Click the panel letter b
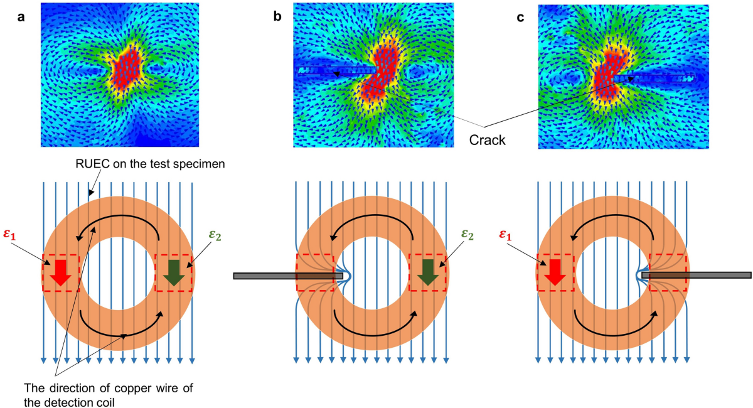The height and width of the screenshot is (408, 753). [x=277, y=18]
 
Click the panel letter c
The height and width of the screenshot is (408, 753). [x=520, y=18]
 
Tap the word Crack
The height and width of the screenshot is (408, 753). [x=488, y=139]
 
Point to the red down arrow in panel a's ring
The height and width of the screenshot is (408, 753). [x=60, y=272]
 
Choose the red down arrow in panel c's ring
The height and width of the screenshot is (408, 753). [x=556, y=272]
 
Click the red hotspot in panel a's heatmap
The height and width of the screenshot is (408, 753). [x=128, y=68]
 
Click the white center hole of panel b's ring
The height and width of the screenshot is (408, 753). [x=373, y=274]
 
